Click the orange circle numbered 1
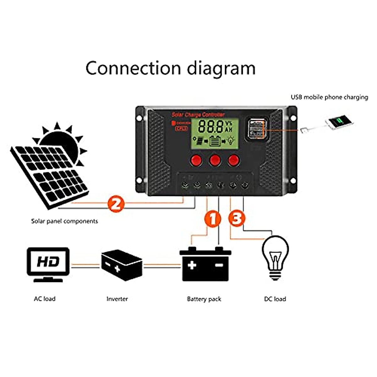point(213,219)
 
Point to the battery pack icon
point(205,264)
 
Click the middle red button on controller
point(215,160)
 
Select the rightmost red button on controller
point(233,160)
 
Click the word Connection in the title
point(134,68)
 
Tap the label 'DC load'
point(275,299)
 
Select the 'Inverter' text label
point(117,299)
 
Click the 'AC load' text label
point(45,299)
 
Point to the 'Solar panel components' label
point(64,221)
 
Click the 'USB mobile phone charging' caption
point(329,97)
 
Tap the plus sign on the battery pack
point(192,265)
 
